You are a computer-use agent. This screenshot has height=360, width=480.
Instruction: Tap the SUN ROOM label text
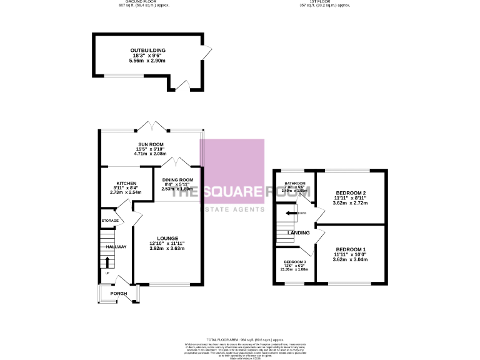(x=151, y=144)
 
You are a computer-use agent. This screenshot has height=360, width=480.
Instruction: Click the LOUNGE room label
(x=167, y=238)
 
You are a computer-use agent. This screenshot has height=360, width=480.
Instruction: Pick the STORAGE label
(x=111, y=221)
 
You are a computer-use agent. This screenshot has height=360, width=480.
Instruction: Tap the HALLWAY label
(x=116, y=247)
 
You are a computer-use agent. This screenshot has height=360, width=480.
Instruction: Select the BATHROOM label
(x=294, y=183)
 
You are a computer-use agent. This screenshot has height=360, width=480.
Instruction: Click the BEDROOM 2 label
(x=350, y=193)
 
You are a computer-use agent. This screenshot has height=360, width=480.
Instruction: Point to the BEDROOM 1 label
(x=350, y=250)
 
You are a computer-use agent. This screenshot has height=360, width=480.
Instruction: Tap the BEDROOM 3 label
(x=295, y=261)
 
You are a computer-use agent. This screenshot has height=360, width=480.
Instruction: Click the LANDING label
(x=299, y=233)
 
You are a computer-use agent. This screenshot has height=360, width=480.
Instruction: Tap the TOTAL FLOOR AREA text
(x=239, y=337)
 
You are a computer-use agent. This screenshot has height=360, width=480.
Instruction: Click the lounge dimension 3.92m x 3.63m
(x=167, y=249)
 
